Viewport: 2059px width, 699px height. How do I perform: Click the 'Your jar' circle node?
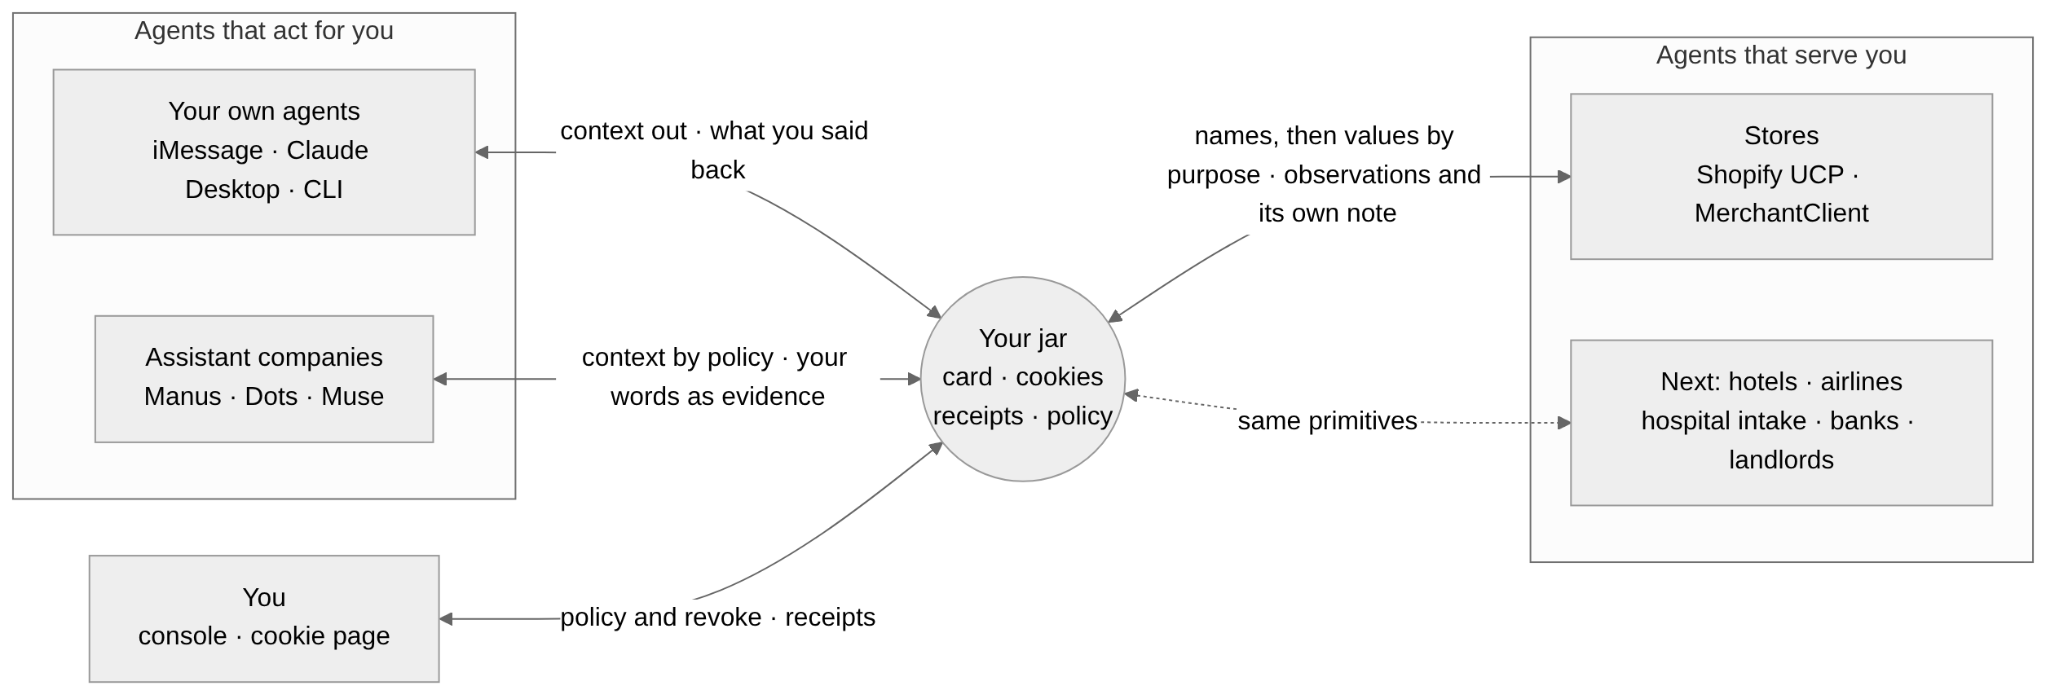click(1022, 379)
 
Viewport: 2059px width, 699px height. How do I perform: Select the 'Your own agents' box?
click(264, 152)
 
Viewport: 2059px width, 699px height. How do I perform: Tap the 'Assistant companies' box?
click(264, 379)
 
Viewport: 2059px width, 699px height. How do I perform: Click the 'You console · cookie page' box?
click(264, 618)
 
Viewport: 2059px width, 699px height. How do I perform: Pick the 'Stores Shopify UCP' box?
click(1781, 176)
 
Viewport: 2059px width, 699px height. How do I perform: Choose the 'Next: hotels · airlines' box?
click(1781, 423)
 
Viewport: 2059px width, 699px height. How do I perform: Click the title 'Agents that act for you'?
click(264, 31)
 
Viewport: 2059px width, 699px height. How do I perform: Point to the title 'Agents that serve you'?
click(1781, 55)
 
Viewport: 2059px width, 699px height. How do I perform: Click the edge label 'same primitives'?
click(1327, 421)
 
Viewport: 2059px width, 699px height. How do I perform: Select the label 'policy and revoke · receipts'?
click(717, 618)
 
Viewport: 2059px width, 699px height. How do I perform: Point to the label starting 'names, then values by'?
click(1324, 174)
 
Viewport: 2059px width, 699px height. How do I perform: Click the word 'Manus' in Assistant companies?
click(183, 397)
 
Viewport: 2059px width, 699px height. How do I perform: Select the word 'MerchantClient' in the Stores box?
click(1781, 213)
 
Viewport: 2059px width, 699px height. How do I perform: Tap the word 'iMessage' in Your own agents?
click(208, 151)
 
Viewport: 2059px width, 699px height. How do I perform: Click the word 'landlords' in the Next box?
click(1781, 460)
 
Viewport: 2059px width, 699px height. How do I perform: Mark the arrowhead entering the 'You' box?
click(446, 619)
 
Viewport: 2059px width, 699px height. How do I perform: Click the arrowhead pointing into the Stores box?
click(1564, 176)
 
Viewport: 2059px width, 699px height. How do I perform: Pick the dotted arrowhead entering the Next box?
click(1564, 423)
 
